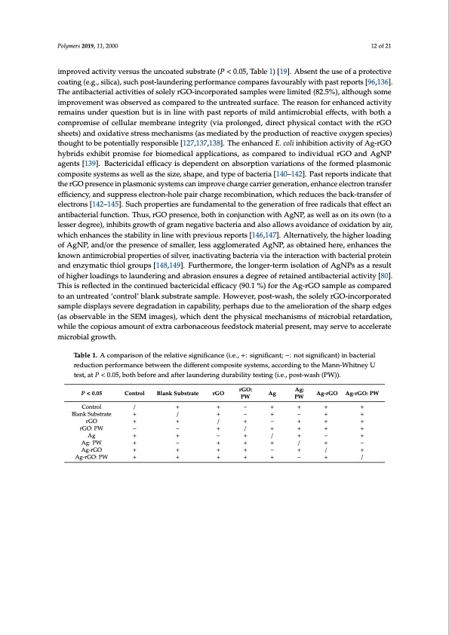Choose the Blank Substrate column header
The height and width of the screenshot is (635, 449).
[178, 393]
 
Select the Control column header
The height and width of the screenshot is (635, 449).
[134, 393]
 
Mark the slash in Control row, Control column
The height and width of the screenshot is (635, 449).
[134, 407]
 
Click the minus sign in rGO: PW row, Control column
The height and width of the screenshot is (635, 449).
[134, 428]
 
